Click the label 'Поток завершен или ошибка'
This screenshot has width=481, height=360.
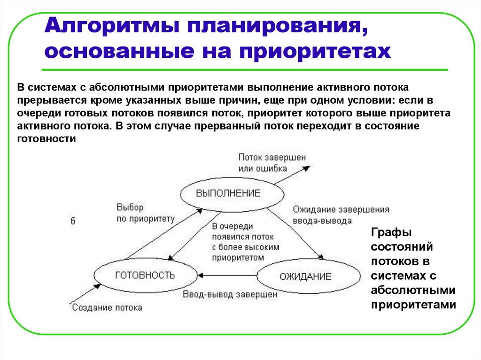click(x=272, y=163)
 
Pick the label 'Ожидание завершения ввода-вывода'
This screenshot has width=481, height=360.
click(x=341, y=215)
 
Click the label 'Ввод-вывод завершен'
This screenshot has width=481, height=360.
click(x=230, y=295)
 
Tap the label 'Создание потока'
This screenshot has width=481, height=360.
click(x=107, y=308)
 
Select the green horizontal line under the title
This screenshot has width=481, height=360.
click(x=244, y=70)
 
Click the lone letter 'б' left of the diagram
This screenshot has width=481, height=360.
click(x=73, y=222)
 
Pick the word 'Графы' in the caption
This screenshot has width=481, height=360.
click(x=391, y=233)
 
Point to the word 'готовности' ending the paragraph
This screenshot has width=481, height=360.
click(x=47, y=139)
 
